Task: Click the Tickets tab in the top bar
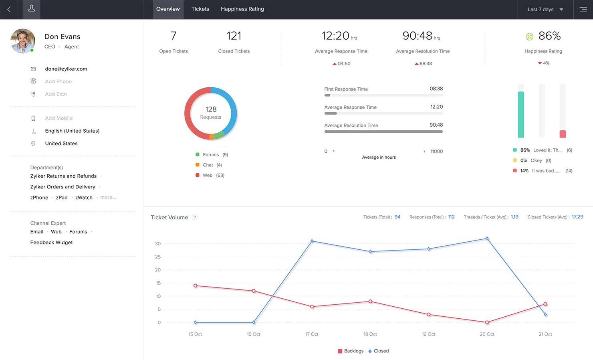click(200, 9)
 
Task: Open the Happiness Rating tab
click(242, 9)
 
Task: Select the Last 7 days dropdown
click(545, 9)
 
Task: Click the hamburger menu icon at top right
click(583, 9)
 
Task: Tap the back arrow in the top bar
click(9, 9)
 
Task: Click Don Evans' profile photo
click(23, 40)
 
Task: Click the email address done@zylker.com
click(66, 69)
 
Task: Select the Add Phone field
click(58, 81)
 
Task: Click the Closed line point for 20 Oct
click(487, 239)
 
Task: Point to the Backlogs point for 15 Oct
click(195, 286)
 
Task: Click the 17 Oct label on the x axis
click(312, 334)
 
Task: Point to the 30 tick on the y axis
click(158, 244)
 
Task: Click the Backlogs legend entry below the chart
click(351, 351)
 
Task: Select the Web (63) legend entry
click(210, 175)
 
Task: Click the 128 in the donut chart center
click(211, 109)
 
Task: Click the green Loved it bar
click(520, 115)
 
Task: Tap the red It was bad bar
click(563, 134)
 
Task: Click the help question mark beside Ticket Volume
click(195, 217)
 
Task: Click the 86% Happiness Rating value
click(549, 36)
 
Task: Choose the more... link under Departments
click(108, 197)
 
